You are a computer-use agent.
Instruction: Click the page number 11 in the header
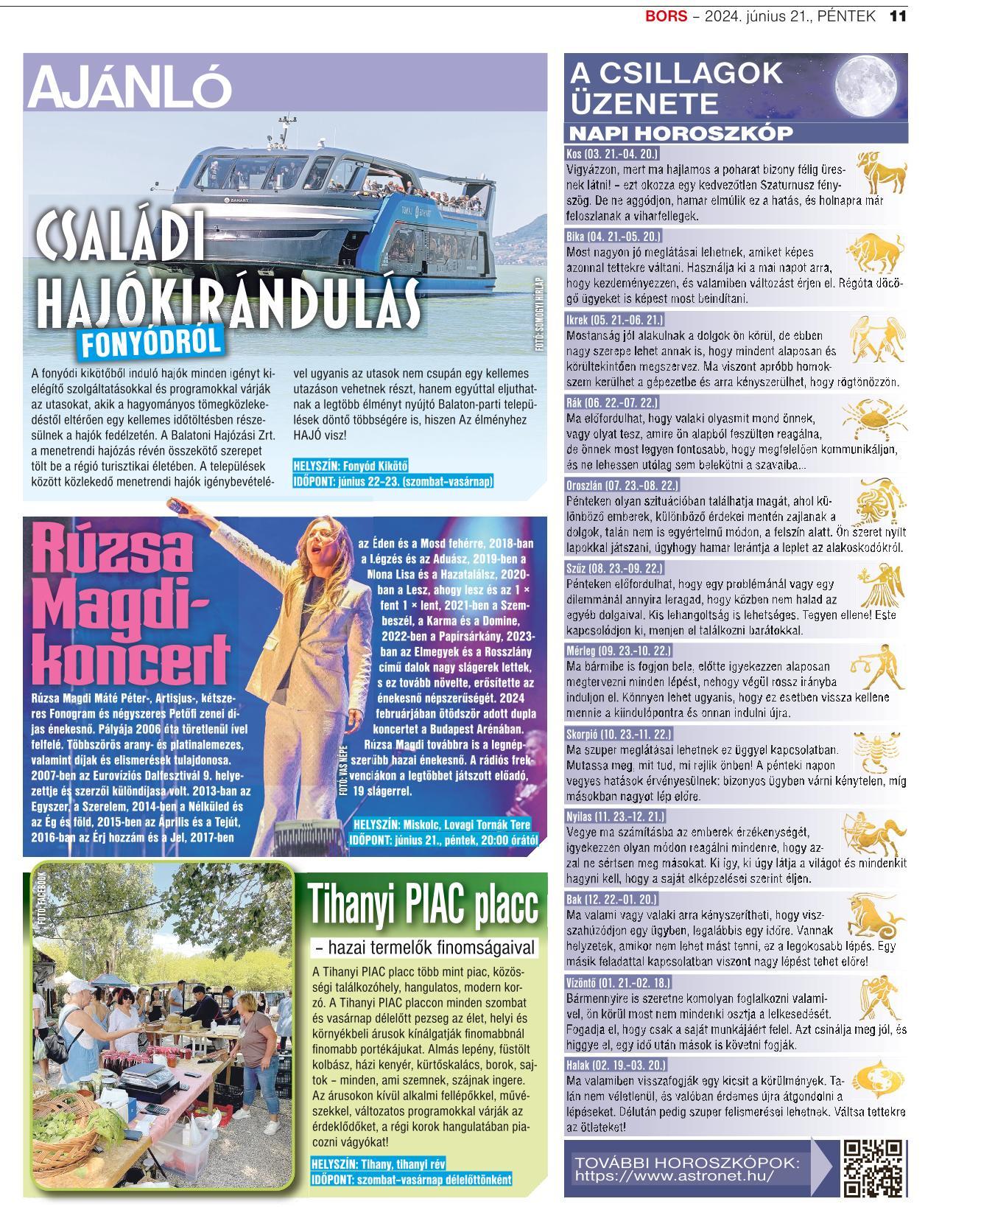click(x=898, y=15)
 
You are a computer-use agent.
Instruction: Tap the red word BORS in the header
click(x=666, y=15)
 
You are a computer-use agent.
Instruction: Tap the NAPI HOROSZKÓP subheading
click(x=681, y=134)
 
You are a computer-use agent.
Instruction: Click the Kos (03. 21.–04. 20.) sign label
click(x=612, y=154)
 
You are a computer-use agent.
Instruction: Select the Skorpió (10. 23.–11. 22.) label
click(x=619, y=734)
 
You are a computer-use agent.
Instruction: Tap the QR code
click(x=873, y=1167)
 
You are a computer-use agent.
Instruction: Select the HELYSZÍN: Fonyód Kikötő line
click(x=351, y=466)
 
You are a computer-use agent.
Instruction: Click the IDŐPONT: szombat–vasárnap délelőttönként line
click(x=411, y=1180)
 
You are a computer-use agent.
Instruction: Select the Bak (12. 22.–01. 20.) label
click(x=611, y=900)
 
